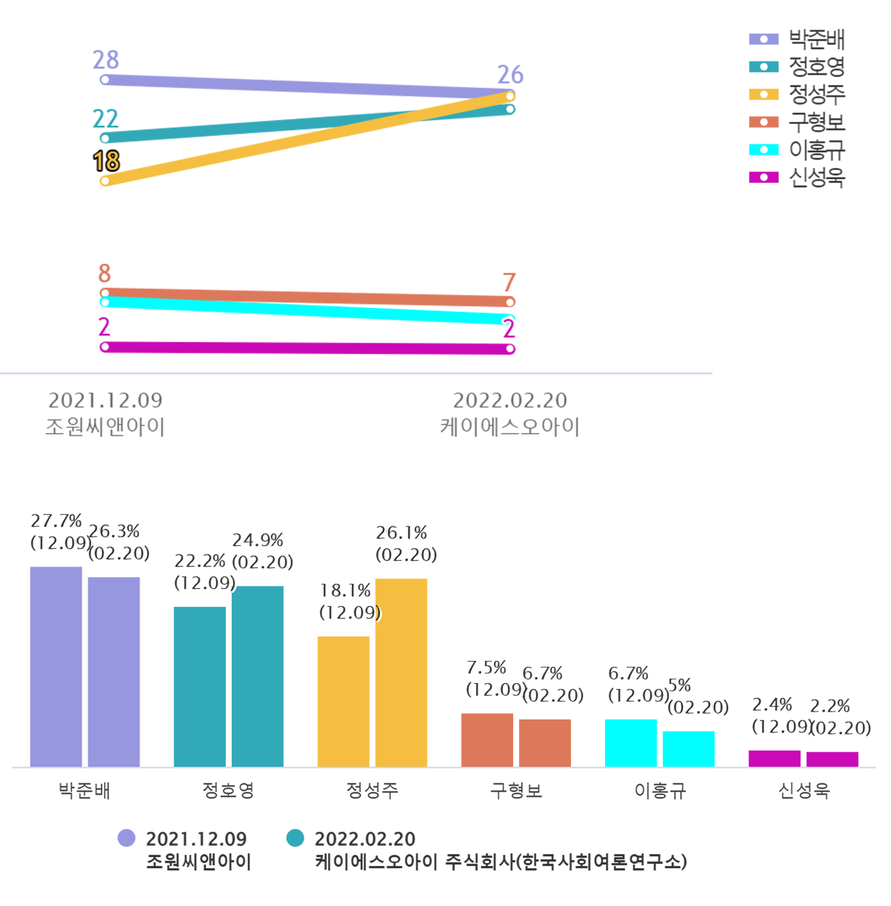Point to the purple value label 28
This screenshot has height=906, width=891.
coord(105,59)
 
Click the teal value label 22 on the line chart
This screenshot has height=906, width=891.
coord(105,119)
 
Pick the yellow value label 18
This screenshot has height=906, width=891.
coord(106,161)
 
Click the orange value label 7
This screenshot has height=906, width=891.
coord(509,282)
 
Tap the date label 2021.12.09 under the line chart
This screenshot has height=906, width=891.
coord(105,400)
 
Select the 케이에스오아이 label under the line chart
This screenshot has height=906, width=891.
coord(509,427)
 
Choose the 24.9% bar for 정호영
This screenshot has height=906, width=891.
coord(257,676)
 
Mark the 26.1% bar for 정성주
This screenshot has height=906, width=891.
coord(401,672)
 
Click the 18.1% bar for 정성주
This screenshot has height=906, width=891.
coord(343,701)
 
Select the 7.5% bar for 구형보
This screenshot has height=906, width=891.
coord(487,740)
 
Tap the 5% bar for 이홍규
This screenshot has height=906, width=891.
coord(688,749)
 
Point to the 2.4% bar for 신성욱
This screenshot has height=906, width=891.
coord(774,758)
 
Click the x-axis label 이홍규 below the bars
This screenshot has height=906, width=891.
coord(660,791)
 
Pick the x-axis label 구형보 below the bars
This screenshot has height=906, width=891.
coord(516,791)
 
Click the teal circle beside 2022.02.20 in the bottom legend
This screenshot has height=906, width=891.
coord(296,838)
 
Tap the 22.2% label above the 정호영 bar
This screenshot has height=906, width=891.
coord(200,561)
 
